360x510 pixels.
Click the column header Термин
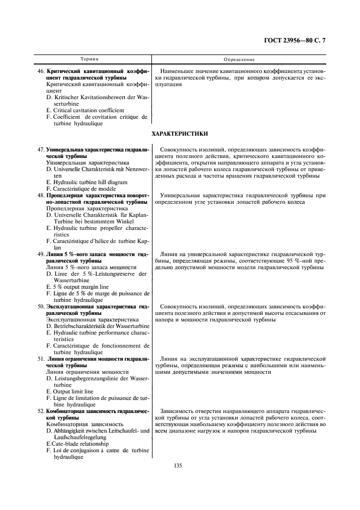[90, 59]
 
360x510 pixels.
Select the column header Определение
[240, 59]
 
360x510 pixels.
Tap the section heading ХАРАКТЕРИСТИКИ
[180, 133]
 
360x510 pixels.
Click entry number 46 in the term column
[40, 71]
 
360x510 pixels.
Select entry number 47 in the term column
[40, 149]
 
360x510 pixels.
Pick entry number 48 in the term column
[40, 195]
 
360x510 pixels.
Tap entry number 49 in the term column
[40, 254]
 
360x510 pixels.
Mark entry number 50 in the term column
[40, 307]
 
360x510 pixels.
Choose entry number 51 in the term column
[40, 359]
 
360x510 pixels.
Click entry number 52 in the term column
[40, 411]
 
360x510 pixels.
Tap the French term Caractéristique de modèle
[80, 189]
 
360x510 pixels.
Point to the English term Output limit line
[70, 391]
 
